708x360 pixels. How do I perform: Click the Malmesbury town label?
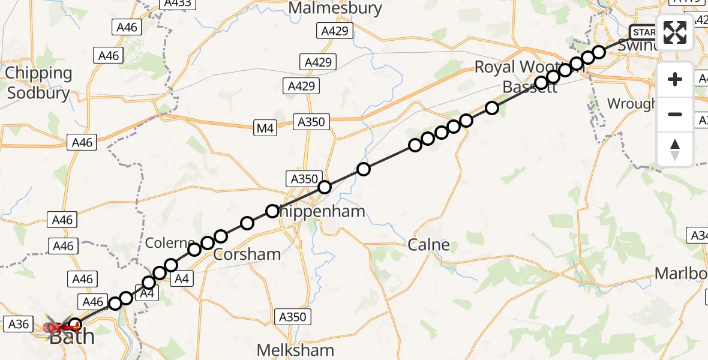point(335,8)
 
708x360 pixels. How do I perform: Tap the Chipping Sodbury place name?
point(38,83)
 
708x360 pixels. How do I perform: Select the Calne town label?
point(428,245)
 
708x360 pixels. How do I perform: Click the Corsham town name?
point(247,254)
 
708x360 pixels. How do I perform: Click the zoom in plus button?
point(675,80)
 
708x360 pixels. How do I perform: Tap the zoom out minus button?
point(675,114)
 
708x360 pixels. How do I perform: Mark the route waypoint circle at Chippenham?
point(272,211)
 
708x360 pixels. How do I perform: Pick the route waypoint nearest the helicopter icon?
point(74,325)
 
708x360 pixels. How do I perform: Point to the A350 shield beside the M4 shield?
point(311,122)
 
